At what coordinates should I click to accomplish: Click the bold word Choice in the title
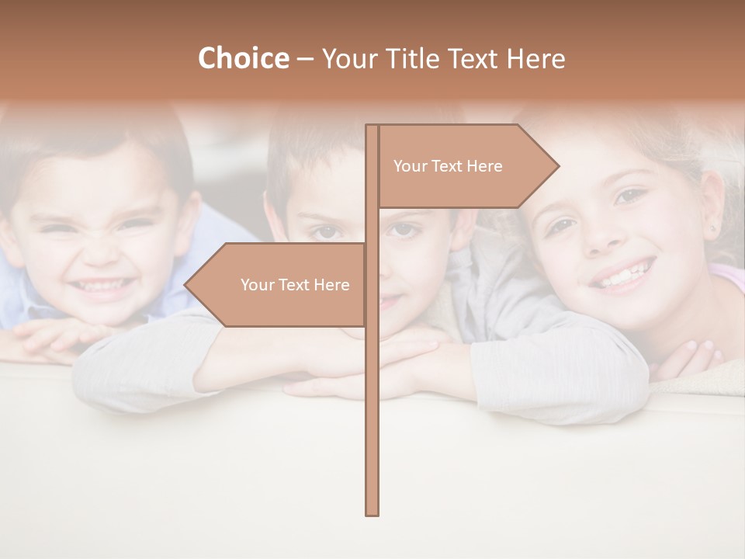243,58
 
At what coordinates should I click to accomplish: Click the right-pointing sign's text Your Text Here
448,166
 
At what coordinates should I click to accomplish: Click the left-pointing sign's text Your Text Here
295,285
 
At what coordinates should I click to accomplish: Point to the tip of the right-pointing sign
558,165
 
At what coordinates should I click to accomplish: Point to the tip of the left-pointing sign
185,285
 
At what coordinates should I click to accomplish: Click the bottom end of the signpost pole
372,513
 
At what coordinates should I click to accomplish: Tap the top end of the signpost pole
372,127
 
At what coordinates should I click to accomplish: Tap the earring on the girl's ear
713,231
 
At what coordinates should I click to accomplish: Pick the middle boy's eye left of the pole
326,231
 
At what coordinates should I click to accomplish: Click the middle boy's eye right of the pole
401,229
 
